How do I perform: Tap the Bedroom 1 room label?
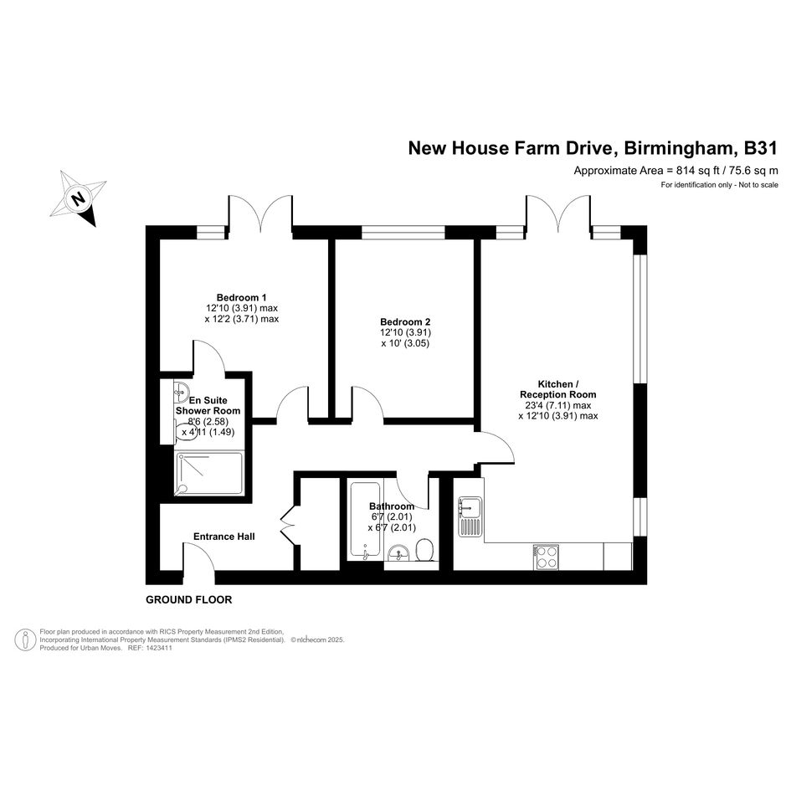(242, 297)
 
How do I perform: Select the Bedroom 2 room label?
(406, 321)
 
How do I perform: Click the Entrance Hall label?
(224, 537)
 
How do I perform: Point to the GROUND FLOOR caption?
(188, 600)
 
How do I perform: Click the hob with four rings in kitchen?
(546, 557)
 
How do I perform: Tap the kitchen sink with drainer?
(470, 516)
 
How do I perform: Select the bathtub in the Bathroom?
(364, 521)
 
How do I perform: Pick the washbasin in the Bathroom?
(400, 553)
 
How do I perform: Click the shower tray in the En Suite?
(209, 473)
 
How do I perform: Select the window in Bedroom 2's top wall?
(403, 232)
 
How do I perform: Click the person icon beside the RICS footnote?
(25, 639)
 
